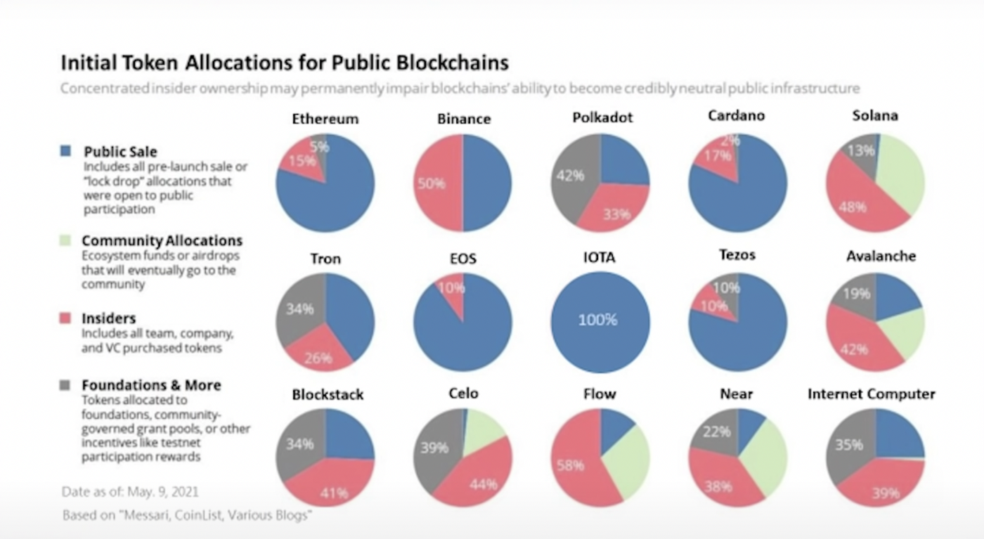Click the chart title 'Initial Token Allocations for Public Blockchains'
pyautogui.click(x=285, y=63)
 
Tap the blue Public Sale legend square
pyautogui.click(x=65, y=151)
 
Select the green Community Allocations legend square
pyautogui.click(x=65, y=240)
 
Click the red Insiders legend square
pyautogui.click(x=65, y=319)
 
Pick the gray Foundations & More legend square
pyautogui.click(x=65, y=385)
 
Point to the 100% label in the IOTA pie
pyautogui.click(x=597, y=320)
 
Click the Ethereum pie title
pyautogui.click(x=325, y=119)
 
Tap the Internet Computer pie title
pyautogui.click(x=871, y=394)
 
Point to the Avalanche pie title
pyautogui.click(x=881, y=256)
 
